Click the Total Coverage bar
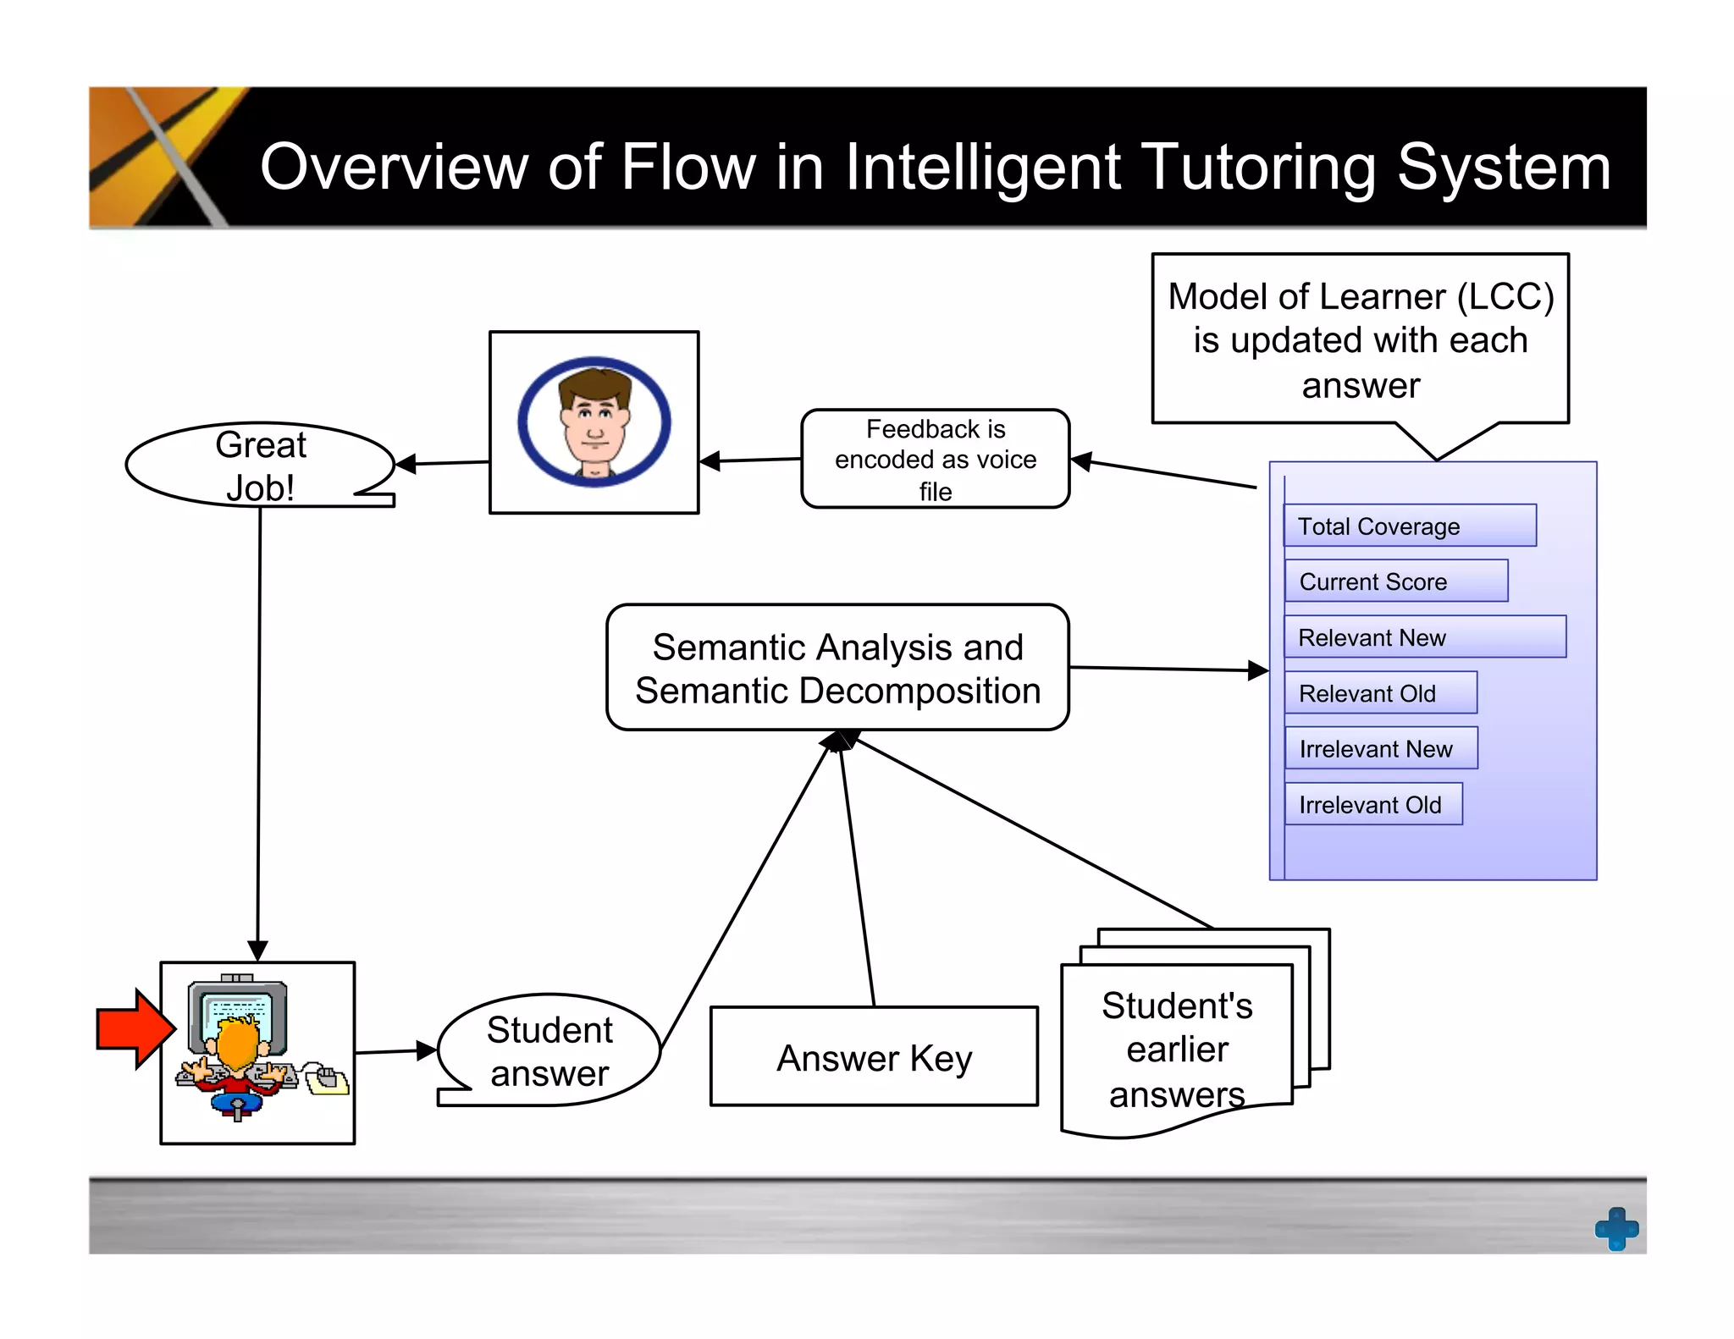point(1410,526)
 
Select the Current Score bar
point(1395,581)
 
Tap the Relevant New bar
point(1425,637)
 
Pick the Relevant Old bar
point(1380,693)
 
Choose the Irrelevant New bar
point(1381,748)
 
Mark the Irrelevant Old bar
point(1373,804)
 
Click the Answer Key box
point(874,1056)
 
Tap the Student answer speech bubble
point(549,1050)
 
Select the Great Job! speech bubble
point(260,466)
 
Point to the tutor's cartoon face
point(594,422)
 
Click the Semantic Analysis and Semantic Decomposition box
point(837,668)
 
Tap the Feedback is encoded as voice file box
point(935,460)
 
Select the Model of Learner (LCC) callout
point(1360,340)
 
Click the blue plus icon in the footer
point(1616,1228)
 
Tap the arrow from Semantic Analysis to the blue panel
point(1168,669)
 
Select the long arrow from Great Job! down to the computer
point(259,728)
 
